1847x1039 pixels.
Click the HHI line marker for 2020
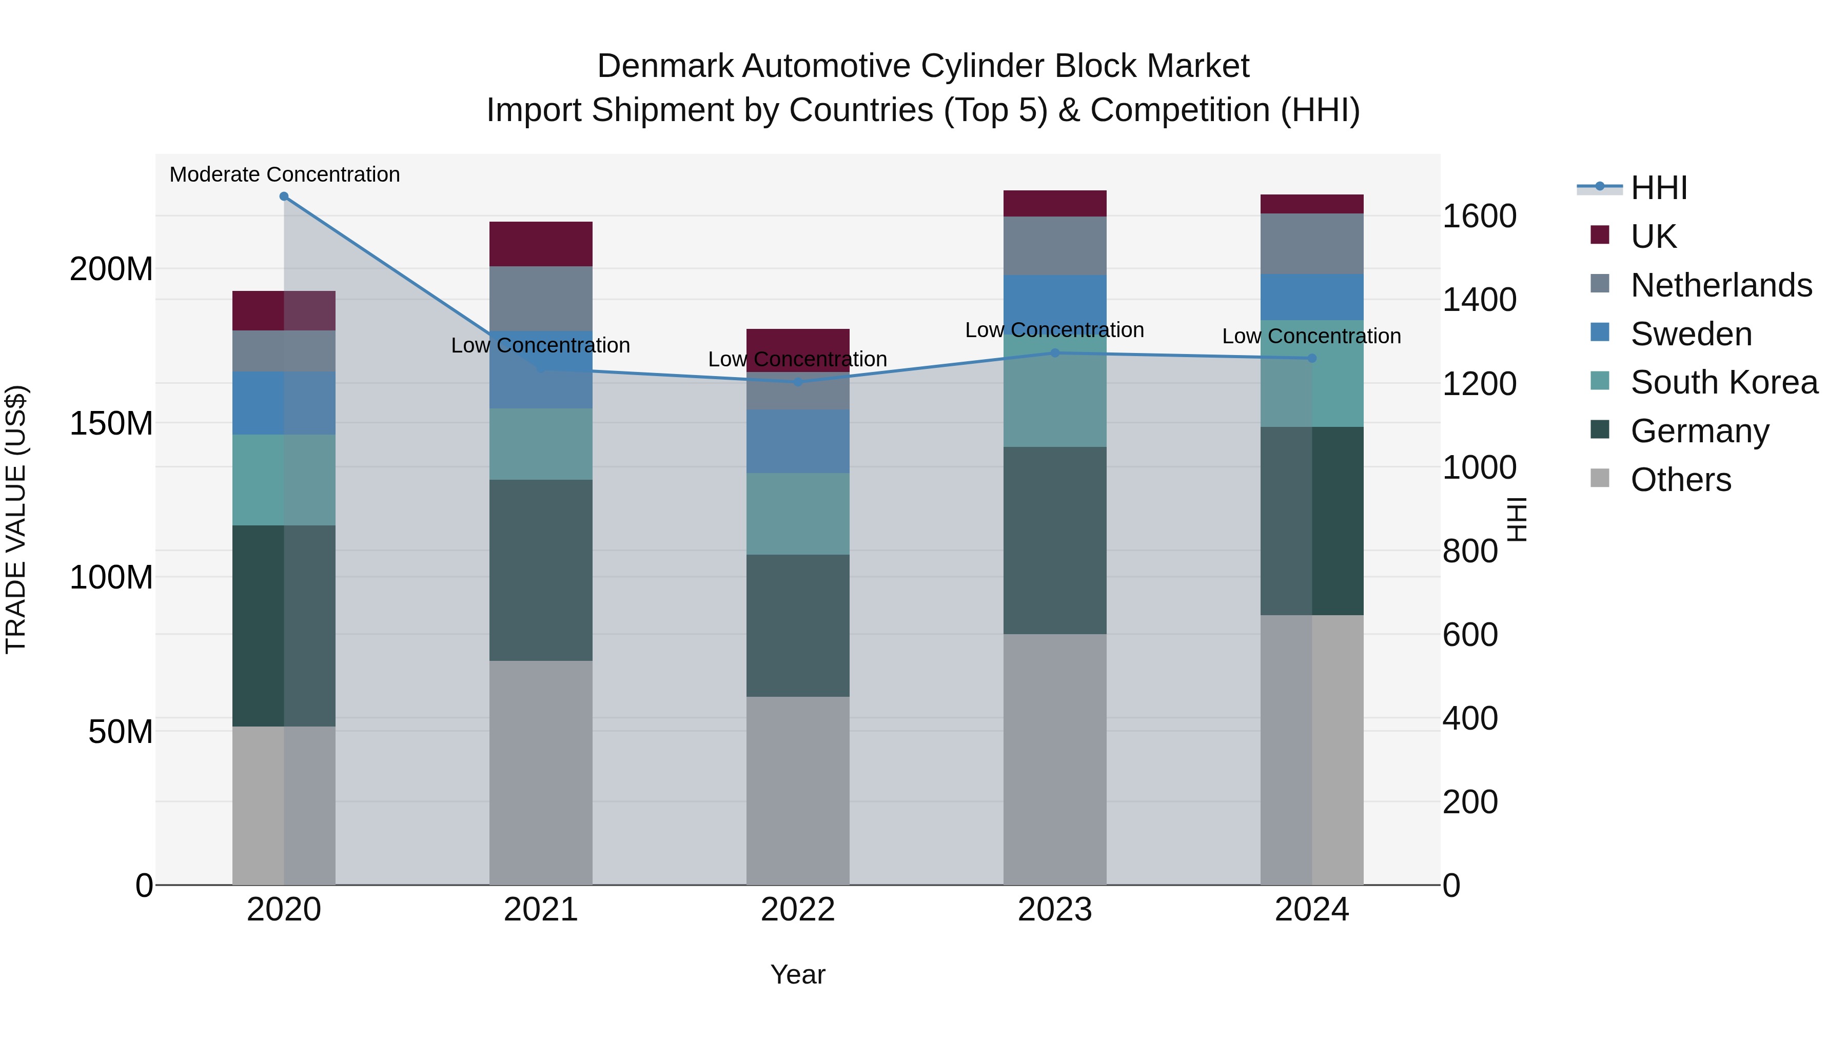[x=284, y=197]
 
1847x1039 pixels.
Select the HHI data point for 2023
[x=1055, y=353]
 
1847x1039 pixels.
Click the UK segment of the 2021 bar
[x=541, y=244]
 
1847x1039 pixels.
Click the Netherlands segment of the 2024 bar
[x=1312, y=244]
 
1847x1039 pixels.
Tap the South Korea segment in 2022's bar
[x=798, y=514]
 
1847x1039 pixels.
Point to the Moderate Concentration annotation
[x=285, y=175]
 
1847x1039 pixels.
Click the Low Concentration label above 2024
[x=1311, y=336]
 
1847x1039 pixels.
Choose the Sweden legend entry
[x=1691, y=334]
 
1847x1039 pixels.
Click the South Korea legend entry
[x=1724, y=382]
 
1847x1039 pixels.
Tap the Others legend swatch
[x=1600, y=478]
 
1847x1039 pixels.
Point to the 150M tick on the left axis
[x=111, y=424]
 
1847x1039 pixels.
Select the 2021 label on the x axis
[x=541, y=910]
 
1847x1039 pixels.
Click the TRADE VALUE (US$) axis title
[x=16, y=519]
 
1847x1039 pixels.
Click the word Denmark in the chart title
[x=664, y=67]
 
